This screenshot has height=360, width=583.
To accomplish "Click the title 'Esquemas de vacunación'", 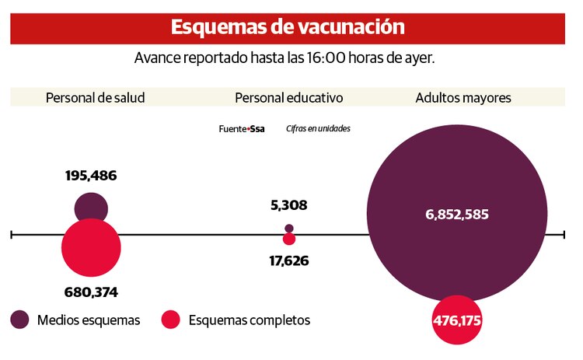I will (x=287, y=26).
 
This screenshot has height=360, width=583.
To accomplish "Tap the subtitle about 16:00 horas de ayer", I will (x=288, y=59).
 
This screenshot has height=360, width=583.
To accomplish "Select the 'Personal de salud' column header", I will (x=96, y=98).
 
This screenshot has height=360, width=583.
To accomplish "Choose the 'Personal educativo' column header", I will (x=288, y=98).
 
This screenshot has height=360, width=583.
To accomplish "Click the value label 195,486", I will (x=91, y=176).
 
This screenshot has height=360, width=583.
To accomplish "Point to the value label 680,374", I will (x=91, y=292).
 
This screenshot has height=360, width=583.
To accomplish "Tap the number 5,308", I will (x=288, y=206).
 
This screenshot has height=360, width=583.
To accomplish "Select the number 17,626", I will (x=288, y=261).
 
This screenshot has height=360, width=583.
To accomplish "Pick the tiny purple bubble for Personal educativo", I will (x=289, y=228).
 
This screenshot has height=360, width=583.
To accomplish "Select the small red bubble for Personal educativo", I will (x=289, y=239).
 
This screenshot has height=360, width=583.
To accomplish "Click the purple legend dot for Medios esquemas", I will (x=20, y=320).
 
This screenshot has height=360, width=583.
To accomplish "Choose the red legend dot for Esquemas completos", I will (x=170, y=320).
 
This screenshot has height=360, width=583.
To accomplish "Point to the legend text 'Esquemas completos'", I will (x=249, y=320).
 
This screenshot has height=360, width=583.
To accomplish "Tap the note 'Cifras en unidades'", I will (x=317, y=129).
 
